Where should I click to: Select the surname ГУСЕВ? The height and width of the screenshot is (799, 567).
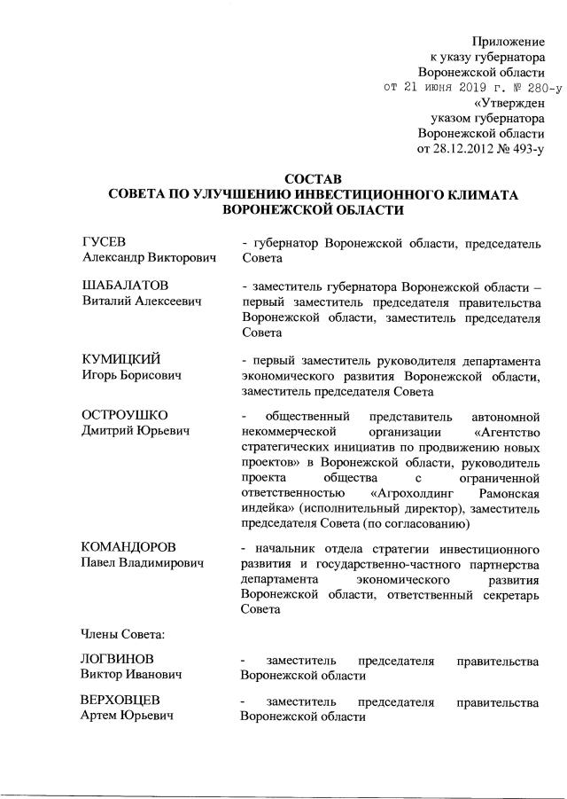104,242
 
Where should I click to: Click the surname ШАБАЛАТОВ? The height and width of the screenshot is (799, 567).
125,286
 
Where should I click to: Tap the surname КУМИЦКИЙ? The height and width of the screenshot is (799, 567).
120,360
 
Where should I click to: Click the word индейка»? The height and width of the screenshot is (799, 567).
272,509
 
